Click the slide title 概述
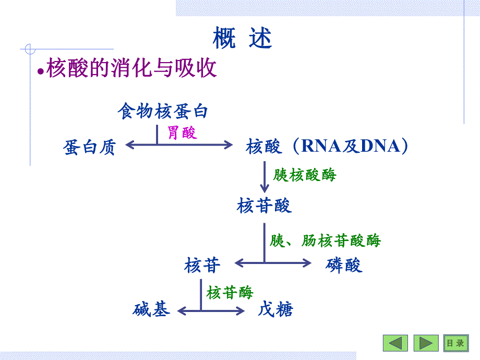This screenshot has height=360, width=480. pyautogui.click(x=243, y=38)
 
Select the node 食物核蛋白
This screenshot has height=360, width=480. pyautogui.click(x=163, y=111)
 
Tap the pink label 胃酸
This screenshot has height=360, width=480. pyautogui.click(x=182, y=133)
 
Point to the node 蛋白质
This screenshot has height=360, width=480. pyautogui.click(x=89, y=148)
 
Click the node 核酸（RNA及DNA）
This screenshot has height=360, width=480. pyautogui.click(x=327, y=147)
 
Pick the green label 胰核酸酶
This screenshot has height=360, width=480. pyautogui.click(x=305, y=174)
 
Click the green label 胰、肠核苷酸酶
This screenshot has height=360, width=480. pyautogui.click(x=325, y=241)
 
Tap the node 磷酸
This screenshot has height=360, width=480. pyautogui.click(x=343, y=266)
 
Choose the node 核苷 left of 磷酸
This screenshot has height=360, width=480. pyautogui.click(x=202, y=266)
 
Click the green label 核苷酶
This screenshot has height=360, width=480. pyautogui.click(x=230, y=292)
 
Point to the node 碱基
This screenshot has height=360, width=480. pyautogui.click(x=151, y=310)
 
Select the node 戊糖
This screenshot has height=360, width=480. pyautogui.click(x=275, y=310)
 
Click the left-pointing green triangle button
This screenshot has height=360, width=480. pyautogui.click(x=395, y=343)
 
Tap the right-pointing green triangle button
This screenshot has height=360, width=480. pyautogui.click(x=426, y=343)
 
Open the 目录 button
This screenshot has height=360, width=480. pyautogui.click(x=455, y=343)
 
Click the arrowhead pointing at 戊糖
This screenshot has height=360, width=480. pyautogui.click(x=239, y=311)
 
